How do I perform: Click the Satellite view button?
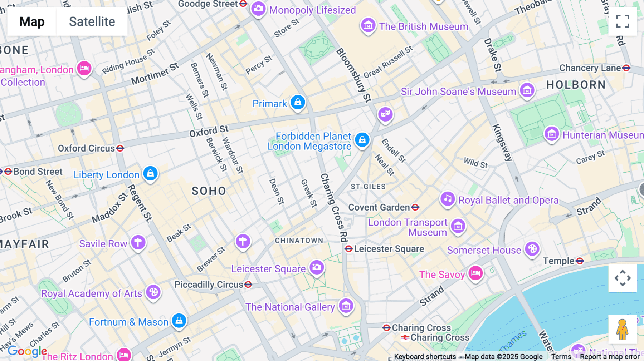click(x=92, y=21)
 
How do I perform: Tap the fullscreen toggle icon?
click(x=623, y=21)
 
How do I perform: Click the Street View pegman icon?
click(x=623, y=329)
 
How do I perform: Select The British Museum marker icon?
click(x=368, y=25)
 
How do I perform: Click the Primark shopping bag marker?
click(x=298, y=103)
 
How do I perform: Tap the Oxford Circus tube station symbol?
click(x=120, y=148)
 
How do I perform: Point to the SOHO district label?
click(x=209, y=191)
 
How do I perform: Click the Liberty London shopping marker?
click(x=151, y=173)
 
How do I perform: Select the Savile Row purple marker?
click(x=138, y=243)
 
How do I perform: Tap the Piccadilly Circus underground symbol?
click(x=248, y=285)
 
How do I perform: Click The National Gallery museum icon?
click(x=346, y=306)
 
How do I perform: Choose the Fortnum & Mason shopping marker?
click(x=179, y=321)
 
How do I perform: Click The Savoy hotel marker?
click(x=475, y=273)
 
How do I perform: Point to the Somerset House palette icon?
click(x=532, y=249)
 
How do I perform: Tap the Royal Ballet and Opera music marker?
click(x=448, y=199)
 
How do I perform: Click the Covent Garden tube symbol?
click(x=415, y=207)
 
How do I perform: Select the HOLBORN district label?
click(x=576, y=85)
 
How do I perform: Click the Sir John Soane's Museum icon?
click(x=527, y=90)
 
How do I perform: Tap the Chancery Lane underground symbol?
click(x=626, y=68)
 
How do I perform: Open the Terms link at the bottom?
click(x=561, y=356)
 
